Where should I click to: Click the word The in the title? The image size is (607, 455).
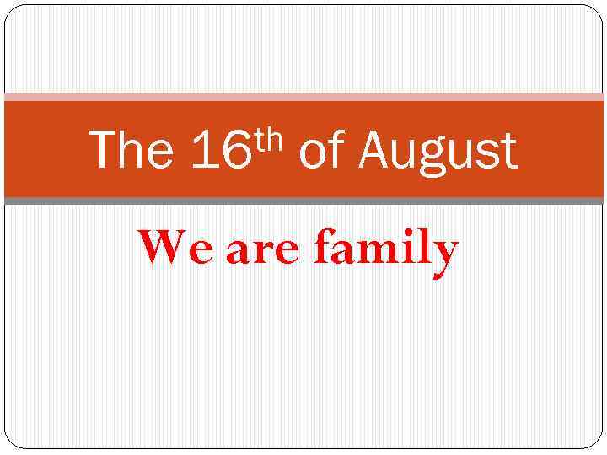click(x=131, y=151)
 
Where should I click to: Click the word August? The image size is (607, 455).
click(x=438, y=153)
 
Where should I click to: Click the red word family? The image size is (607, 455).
click(x=386, y=250)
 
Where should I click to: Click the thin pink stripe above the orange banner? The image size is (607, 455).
click(x=303, y=97)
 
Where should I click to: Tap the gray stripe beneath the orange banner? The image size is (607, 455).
click(x=303, y=201)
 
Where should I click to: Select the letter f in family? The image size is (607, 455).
click(x=324, y=248)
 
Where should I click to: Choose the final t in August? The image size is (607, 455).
click(x=508, y=153)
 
